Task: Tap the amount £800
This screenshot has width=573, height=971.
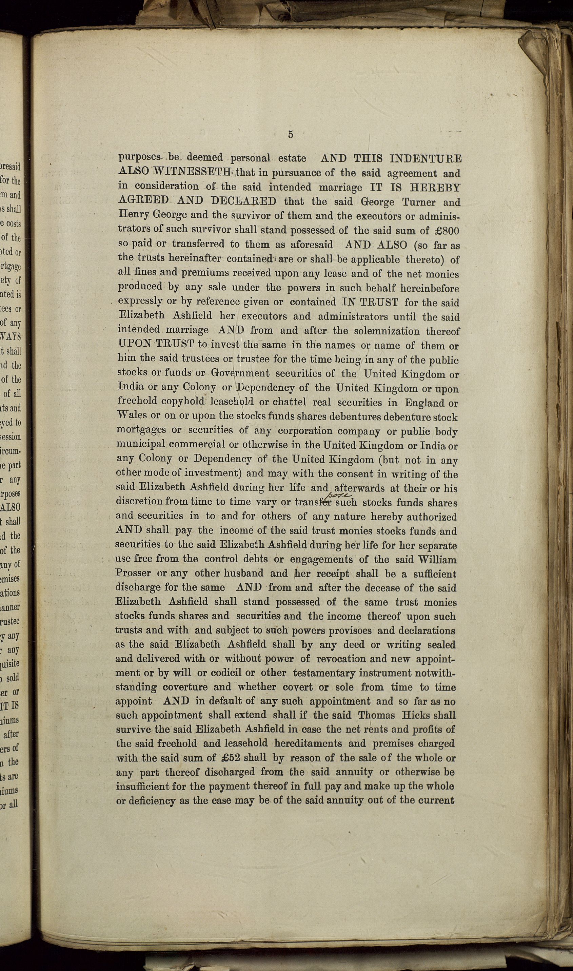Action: pos(445,231)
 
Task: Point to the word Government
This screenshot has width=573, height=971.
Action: pos(240,374)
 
